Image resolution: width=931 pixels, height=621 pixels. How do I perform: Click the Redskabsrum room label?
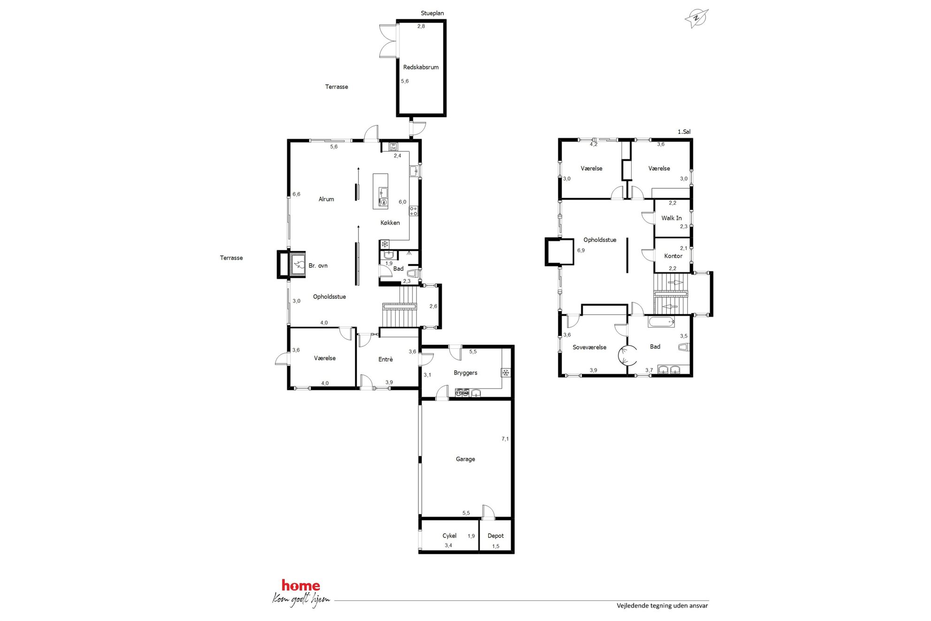tap(421, 67)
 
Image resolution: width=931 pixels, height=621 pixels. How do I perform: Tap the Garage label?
tap(465, 459)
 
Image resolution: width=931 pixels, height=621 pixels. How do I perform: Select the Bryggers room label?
tap(465, 373)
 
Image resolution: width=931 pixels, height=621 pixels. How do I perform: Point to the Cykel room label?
tap(450, 536)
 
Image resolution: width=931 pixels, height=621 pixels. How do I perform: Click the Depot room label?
tap(496, 536)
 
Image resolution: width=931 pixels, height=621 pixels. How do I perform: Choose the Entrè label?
tap(386, 359)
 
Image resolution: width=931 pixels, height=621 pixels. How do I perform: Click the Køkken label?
tap(390, 222)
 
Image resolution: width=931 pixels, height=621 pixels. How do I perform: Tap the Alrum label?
tap(326, 199)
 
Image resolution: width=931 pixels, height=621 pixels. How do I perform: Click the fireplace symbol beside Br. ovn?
tap(298, 265)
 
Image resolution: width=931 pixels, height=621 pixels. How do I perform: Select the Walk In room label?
tap(672, 218)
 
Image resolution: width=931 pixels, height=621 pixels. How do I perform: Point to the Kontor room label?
tap(673, 256)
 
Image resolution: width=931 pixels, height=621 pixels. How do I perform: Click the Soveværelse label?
tap(589, 347)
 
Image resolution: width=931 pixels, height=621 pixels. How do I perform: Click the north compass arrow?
tap(696, 19)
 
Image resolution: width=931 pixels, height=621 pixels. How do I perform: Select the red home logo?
tap(301, 585)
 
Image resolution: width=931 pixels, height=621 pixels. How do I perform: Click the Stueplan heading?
tap(432, 13)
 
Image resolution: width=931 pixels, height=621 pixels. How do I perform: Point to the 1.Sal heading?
tap(684, 132)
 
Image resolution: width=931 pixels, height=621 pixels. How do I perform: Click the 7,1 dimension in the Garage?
tap(505, 439)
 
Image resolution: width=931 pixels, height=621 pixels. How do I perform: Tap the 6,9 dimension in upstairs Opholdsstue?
tap(581, 250)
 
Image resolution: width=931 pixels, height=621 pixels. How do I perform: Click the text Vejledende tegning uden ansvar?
tap(662, 606)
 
